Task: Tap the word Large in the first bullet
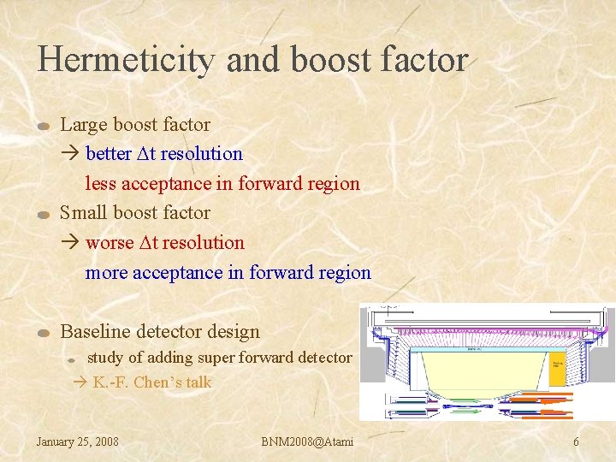[83, 125]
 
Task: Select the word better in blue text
[109, 154]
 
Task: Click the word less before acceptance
[101, 183]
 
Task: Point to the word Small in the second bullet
[84, 213]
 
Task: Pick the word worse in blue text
[110, 243]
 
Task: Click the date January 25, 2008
[77, 441]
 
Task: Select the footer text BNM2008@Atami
[307, 441]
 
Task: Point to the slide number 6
[576, 441]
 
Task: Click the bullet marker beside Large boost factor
[45, 127]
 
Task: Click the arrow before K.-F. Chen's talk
[81, 382]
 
